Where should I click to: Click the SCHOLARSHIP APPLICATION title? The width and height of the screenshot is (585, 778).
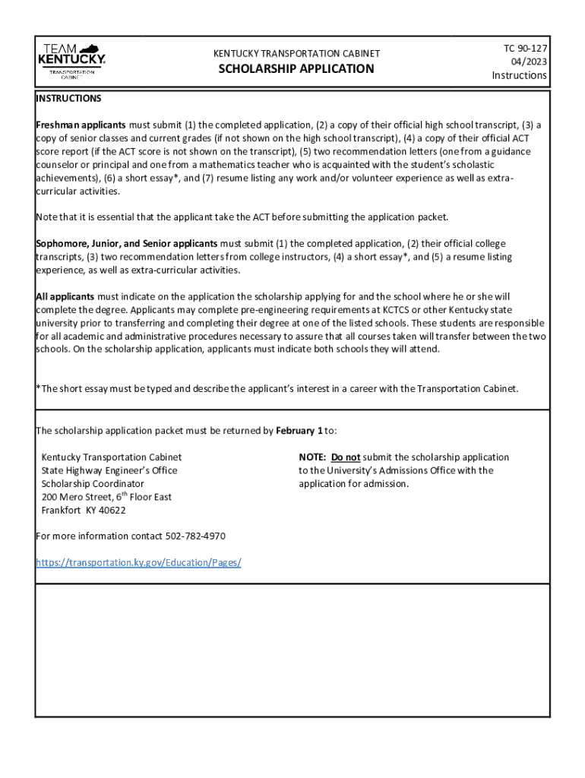click(296, 69)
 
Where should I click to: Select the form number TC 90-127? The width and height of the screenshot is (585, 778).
click(526, 49)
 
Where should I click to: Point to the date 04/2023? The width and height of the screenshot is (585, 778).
click(529, 62)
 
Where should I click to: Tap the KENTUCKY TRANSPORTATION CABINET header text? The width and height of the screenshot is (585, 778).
click(296, 54)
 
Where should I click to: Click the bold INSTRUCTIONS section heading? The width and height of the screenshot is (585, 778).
click(68, 99)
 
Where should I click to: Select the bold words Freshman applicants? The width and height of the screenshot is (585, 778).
click(81, 125)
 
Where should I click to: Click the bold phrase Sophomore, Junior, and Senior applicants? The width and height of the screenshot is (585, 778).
click(127, 244)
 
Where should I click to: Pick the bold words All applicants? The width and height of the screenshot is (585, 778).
click(65, 296)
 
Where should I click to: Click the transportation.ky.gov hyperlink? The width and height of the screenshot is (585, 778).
click(139, 563)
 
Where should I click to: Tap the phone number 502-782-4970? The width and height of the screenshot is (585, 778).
click(195, 536)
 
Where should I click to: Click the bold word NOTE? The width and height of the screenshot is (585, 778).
click(312, 457)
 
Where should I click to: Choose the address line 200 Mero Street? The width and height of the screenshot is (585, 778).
click(106, 497)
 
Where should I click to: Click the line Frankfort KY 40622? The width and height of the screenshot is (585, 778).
click(84, 511)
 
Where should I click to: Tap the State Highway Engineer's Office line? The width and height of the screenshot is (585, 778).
click(109, 471)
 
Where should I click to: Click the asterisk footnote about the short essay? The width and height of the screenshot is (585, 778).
click(277, 389)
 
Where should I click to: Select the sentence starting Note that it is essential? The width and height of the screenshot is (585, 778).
click(242, 217)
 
